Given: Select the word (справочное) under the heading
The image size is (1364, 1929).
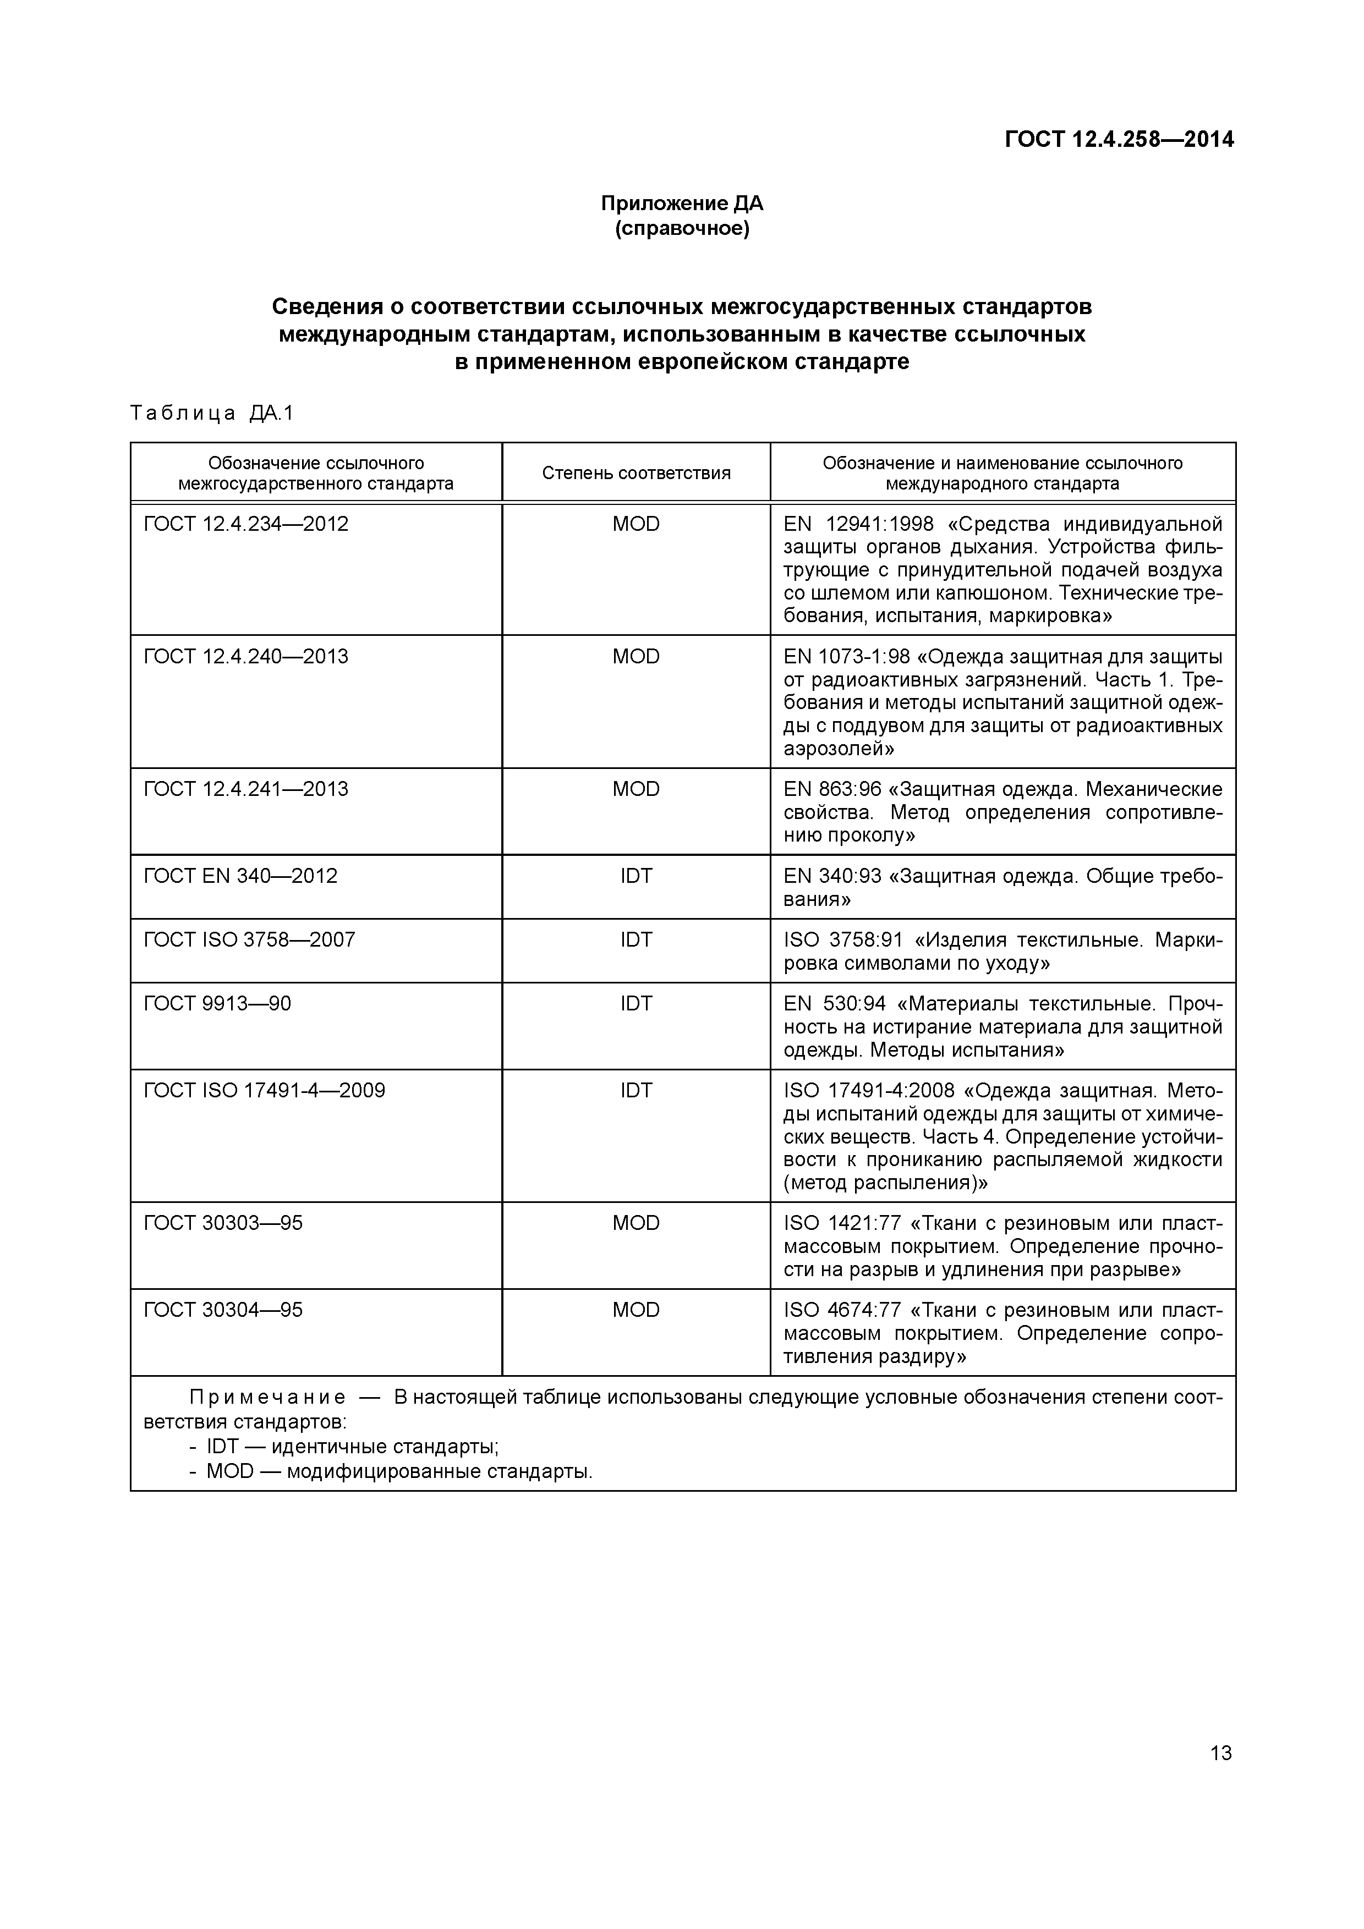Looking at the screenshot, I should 682,228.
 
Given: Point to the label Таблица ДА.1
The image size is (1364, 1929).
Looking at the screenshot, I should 212,414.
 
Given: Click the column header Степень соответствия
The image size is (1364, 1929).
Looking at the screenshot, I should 636,473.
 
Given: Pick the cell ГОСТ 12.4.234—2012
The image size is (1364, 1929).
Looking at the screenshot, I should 246,524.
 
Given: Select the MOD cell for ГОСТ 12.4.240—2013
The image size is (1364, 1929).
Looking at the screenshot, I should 636,656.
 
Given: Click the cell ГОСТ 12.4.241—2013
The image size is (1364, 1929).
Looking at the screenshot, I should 246,789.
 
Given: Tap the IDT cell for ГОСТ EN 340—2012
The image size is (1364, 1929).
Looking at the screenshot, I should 636,876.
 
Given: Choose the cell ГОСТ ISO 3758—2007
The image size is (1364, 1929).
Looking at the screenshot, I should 250,939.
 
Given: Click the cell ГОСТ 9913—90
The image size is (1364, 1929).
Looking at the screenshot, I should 218,1003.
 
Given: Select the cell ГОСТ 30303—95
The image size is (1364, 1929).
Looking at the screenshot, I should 223,1222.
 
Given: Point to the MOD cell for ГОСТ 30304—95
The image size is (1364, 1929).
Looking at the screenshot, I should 636,1310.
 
